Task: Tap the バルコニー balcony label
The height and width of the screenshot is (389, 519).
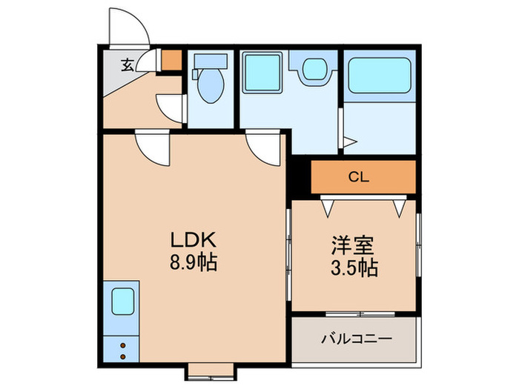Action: click(356, 339)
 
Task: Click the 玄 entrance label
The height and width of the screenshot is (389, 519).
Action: click(127, 65)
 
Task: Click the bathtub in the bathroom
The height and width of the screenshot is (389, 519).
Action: click(380, 76)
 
